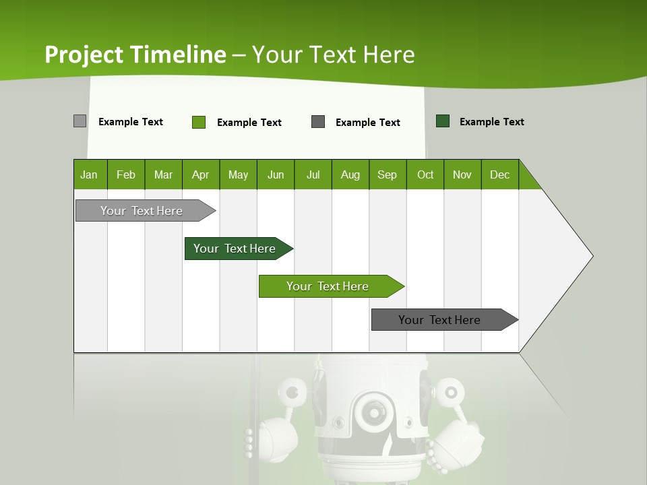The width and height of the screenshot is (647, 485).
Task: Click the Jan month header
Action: coord(90,174)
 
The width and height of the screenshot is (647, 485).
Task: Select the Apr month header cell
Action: coord(201,174)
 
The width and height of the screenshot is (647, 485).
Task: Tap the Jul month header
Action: coord(313,174)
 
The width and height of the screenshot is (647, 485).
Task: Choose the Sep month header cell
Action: coord(388,174)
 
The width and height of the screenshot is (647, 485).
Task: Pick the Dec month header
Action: coord(499,174)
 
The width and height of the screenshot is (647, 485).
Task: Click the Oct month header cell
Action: coord(425,174)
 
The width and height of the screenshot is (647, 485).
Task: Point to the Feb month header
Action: coord(126,174)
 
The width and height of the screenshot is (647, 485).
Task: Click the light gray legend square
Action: coord(80,121)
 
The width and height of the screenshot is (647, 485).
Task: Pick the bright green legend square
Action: coord(199,122)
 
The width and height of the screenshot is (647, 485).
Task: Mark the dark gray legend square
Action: coord(318,122)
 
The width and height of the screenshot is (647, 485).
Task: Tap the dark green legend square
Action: coord(443,121)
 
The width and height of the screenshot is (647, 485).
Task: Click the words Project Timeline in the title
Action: coord(135,55)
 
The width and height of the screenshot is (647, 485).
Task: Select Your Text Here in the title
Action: coord(333,55)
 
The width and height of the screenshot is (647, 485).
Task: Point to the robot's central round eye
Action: coord(371,410)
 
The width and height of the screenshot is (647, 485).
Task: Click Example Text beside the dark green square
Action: coord(491,122)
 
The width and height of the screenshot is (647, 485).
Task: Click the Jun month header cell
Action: coord(276,174)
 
